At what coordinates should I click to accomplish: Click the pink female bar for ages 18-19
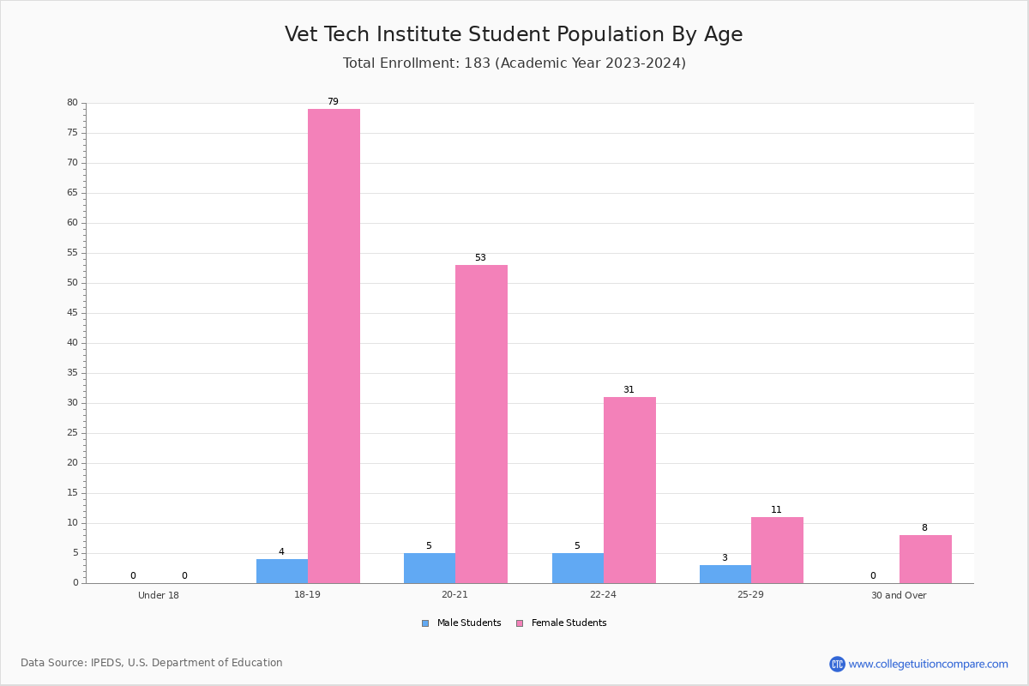[x=334, y=346]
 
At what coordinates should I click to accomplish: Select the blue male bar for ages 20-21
[x=430, y=568]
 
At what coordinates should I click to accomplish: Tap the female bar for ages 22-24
[x=629, y=490]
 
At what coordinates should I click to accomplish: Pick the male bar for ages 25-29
[x=725, y=574]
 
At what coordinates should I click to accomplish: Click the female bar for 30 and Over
[x=925, y=559]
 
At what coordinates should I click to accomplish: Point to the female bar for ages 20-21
[x=481, y=424]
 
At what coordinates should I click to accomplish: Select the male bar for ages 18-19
[x=282, y=571]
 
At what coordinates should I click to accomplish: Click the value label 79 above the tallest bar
[x=333, y=101]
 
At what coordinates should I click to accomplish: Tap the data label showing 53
[x=480, y=257]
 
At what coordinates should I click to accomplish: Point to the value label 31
[x=629, y=389]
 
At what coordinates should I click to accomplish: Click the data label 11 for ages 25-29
[x=776, y=509]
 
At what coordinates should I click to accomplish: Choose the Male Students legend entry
[x=461, y=623]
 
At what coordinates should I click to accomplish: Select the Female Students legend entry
[x=562, y=623]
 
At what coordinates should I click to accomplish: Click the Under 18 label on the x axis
[x=159, y=595]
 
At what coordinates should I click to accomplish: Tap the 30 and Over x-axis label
[x=899, y=595]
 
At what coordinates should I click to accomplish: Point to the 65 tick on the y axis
[x=73, y=192]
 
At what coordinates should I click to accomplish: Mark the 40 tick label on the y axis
[x=73, y=342]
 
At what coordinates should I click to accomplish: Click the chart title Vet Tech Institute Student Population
[x=475, y=34]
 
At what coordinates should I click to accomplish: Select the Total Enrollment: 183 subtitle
[x=417, y=63]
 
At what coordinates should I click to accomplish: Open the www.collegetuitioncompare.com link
[x=929, y=664]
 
